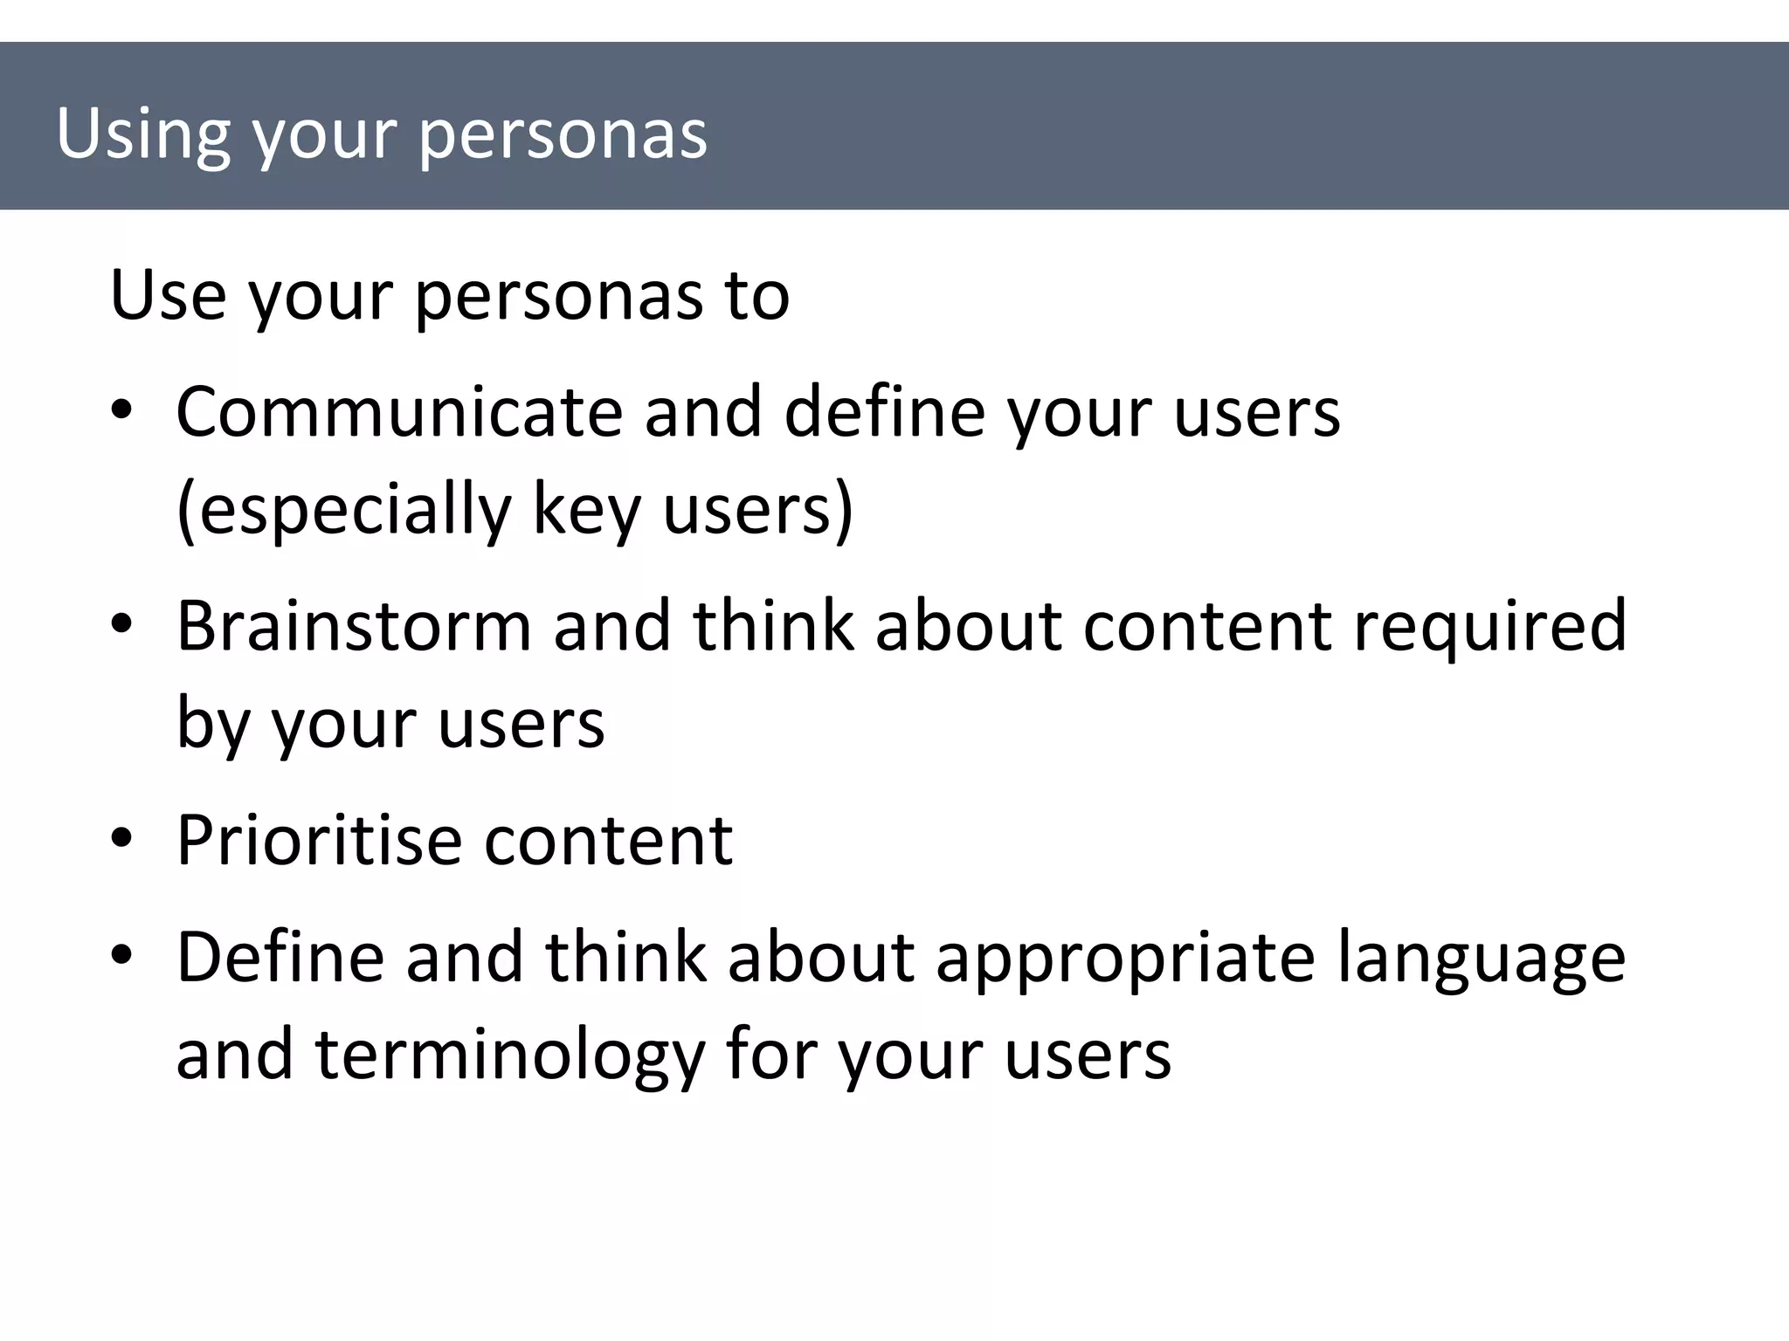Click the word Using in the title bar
point(143,135)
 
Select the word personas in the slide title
point(563,135)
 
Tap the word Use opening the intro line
point(169,295)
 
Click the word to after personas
point(756,295)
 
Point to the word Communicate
point(398,411)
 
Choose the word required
point(1490,627)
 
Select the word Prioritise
point(319,841)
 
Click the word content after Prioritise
point(609,841)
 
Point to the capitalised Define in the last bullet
point(280,957)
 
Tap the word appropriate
point(1125,959)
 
